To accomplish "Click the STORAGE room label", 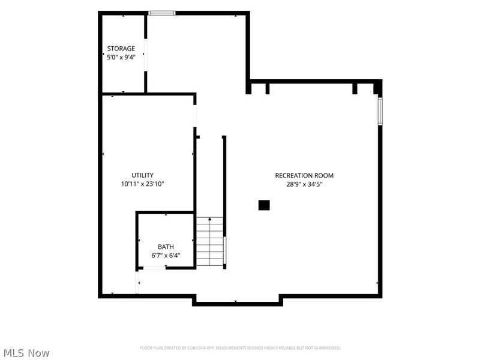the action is tap(121, 49).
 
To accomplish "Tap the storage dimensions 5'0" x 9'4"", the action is tap(121, 57).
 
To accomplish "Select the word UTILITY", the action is tap(142, 175).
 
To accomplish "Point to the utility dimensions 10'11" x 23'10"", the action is tap(142, 184).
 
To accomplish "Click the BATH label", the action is tap(166, 247).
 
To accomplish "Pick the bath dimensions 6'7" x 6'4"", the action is tap(166, 256).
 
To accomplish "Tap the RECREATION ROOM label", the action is tap(304, 175).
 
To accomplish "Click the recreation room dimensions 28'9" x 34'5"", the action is tap(304, 184).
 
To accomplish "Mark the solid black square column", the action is tap(264, 205).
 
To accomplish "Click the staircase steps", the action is tap(209, 242).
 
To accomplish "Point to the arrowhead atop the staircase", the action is tap(209, 219).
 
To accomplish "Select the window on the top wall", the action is tap(161, 13).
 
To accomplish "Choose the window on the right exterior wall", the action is tap(380, 111).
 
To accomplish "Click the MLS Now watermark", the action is tap(26, 353).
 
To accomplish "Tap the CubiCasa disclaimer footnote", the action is tap(239, 348).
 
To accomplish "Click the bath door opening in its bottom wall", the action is tap(154, 268).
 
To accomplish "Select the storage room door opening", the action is tap(145, 55).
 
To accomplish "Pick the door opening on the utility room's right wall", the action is tap(194, 116).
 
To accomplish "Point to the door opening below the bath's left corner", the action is tap(137, 282).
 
